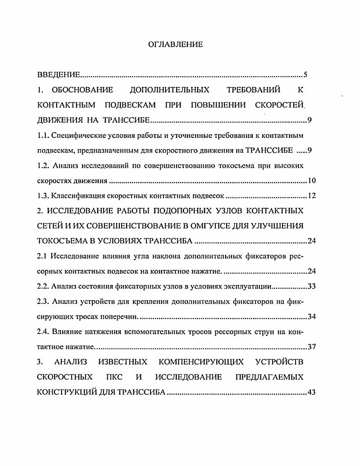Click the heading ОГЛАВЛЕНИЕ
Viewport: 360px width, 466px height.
[175, 44]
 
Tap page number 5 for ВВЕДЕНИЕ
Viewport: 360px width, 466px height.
[305, 74]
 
